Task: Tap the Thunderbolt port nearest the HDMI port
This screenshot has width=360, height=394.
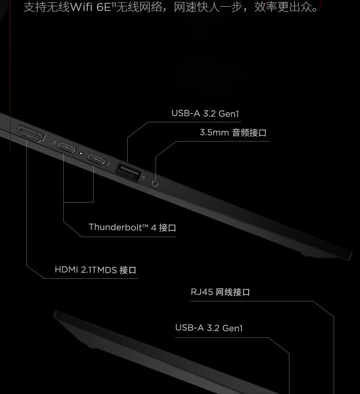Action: pos(66,147)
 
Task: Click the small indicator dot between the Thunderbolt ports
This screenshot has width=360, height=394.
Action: pos(81,154)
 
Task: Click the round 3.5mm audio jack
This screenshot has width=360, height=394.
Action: pos(155,182)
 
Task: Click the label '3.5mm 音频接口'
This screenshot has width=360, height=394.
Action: pos(233,132)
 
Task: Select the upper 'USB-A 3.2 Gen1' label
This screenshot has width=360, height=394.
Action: pos(205,114)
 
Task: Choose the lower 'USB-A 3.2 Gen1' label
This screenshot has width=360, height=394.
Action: pos(209,328)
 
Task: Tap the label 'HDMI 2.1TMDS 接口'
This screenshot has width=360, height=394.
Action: pos(96,270)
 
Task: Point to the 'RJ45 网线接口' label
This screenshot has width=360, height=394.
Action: pos(220,292)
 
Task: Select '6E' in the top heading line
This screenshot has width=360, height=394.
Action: pos(118,7)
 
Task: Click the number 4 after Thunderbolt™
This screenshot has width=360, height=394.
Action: pos(154,227)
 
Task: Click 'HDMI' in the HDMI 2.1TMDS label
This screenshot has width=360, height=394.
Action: pos(66,270)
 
